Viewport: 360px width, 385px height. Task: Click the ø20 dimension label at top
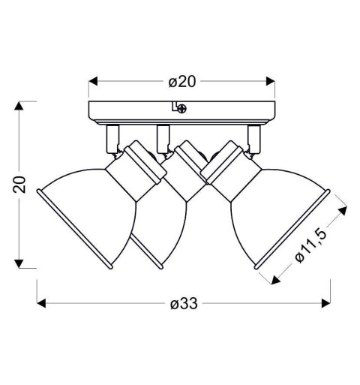pos(181,82)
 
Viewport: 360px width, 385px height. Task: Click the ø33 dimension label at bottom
pos(184,304)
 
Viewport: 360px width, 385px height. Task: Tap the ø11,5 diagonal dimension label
pos(310,245)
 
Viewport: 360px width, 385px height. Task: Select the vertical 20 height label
pos(19,185)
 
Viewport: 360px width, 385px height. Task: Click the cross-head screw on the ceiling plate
pos(182,109)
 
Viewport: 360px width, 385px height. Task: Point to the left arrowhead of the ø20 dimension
pos(93,81)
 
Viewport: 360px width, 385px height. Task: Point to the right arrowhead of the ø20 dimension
pos(271,81)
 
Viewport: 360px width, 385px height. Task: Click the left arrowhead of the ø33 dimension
pos(41,303)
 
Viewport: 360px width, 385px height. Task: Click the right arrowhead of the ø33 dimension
pos(326,303)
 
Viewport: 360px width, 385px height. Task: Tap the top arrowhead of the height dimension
pos(19,106)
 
